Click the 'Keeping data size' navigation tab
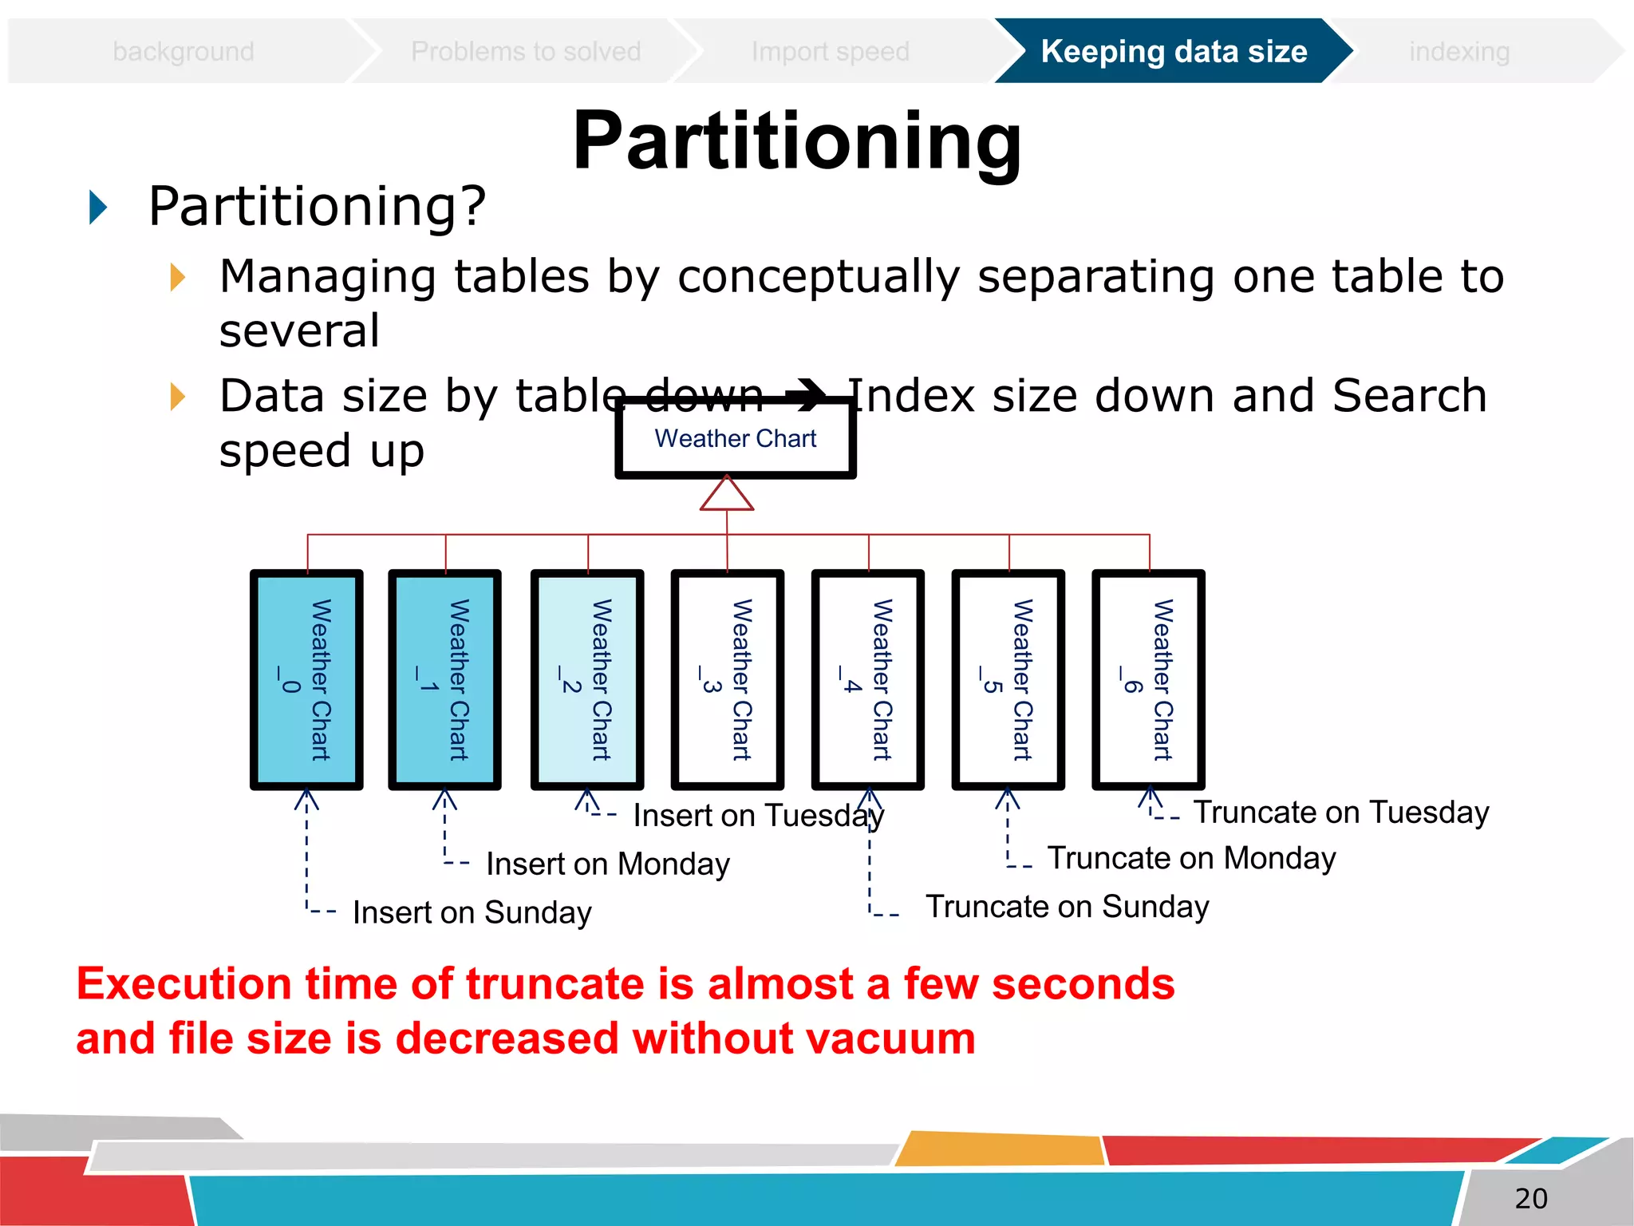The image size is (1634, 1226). click(x=1173, y=52)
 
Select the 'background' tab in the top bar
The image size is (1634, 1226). click(x=184, y=52)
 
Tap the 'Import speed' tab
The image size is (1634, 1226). click(x=830, y=52)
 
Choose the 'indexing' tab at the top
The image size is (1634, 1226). click(x=1458, y=52)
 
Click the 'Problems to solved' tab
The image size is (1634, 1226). click(x=525, y=52)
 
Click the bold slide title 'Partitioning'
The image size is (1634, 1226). click(x=796, y=141)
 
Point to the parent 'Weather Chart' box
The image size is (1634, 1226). click(x=735, y=439)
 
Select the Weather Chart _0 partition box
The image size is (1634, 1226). click(x=306, y=679)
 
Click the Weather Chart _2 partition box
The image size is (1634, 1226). click(x=587, y=679)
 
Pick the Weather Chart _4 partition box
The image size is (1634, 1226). click(x=867, y=679)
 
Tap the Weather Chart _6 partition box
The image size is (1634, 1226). click(x=1148, y=679)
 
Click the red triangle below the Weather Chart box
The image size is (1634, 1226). click(x=727, y=494)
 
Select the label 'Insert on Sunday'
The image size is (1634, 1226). click(x=472, y=912)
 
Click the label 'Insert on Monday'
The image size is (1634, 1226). click(x=607, y=864)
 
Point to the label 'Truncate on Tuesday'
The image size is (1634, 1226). click(x=1340, y=813)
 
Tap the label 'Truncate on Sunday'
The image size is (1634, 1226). click(x=1067, y=907)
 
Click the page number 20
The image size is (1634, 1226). click(x=1530, y=1198)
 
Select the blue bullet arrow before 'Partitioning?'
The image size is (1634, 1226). click(x=98, y=208)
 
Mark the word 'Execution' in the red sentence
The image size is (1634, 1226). click(x=183, y=983)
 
